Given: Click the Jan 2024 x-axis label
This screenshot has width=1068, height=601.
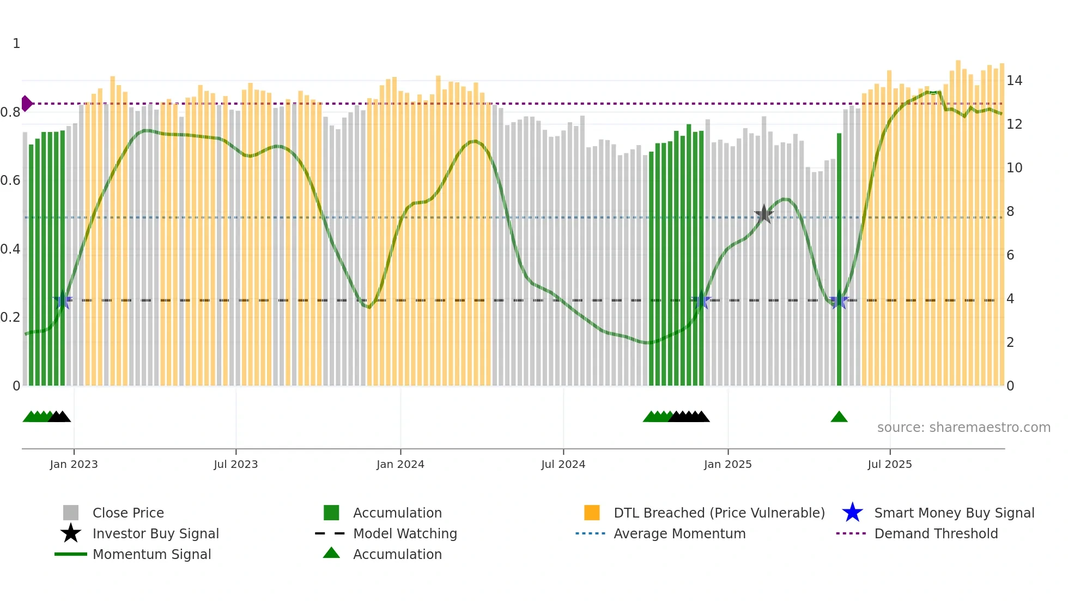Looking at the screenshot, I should (400, 464).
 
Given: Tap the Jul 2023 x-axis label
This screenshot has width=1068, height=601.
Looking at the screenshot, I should (235, 464).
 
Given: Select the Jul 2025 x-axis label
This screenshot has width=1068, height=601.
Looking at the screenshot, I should (889, 464).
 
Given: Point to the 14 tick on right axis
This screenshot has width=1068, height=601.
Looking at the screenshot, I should (1014, 81).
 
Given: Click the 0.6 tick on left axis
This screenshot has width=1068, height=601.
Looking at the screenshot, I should (10, 181).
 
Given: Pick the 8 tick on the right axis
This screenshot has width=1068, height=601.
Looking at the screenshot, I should (1010, 212).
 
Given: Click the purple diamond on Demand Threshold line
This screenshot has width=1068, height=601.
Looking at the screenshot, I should (27, 103).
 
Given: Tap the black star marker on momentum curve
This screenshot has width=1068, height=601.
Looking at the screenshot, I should (764, 214).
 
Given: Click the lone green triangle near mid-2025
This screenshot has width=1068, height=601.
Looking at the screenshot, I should (839, 417).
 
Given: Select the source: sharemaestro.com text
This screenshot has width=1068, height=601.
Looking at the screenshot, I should (963, 428).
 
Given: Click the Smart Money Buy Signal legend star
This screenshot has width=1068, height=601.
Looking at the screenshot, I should (852, 513).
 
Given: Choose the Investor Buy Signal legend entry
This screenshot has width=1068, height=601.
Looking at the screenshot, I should (155, 533).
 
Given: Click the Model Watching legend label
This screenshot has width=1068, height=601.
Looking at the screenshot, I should (405, 533).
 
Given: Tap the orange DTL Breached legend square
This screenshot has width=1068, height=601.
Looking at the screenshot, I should (592, 513).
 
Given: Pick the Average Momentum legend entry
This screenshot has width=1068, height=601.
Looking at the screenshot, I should (679, 533).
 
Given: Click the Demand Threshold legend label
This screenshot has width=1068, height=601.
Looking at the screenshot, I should (936, 533).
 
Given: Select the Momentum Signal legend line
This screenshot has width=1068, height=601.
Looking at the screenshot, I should (71, 554).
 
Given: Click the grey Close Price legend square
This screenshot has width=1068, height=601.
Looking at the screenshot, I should (71, 513).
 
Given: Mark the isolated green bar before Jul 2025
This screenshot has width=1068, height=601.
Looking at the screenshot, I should (839, 262).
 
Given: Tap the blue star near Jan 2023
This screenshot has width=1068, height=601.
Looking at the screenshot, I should (63, 300).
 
